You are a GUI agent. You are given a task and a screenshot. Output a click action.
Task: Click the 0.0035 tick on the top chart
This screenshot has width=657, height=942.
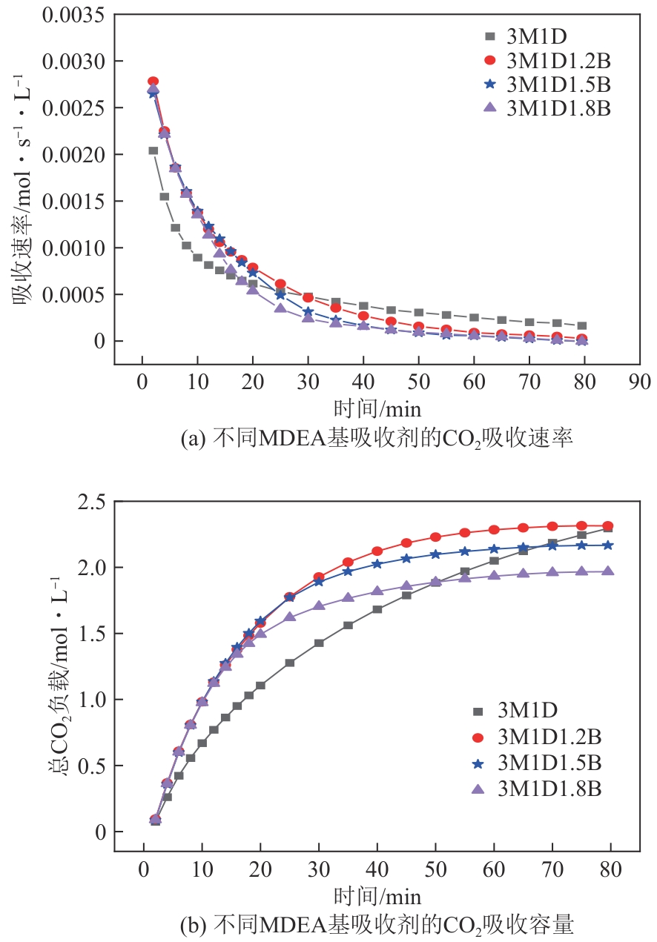pos(73,14)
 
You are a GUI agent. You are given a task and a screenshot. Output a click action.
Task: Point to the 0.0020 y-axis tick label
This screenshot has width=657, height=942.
pos(73,154)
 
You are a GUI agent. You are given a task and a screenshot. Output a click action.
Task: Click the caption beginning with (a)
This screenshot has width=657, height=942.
pos(377,439)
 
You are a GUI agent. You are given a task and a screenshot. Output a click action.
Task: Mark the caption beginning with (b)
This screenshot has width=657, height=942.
pos(377,925)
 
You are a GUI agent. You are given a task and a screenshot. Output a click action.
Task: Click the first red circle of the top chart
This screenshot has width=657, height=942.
pos(153,82)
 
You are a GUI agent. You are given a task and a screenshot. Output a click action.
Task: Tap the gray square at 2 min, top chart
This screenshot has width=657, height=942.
pos(153,150)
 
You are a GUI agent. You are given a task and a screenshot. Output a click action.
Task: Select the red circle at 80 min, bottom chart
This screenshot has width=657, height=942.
pos(608,525)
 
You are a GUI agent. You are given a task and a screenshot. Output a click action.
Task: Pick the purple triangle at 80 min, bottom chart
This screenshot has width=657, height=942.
pos(608,571)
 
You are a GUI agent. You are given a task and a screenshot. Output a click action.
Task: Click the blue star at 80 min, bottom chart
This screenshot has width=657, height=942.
pos(608,545)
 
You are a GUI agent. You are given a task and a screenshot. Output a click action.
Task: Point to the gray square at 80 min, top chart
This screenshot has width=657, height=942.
pos(582,325)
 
